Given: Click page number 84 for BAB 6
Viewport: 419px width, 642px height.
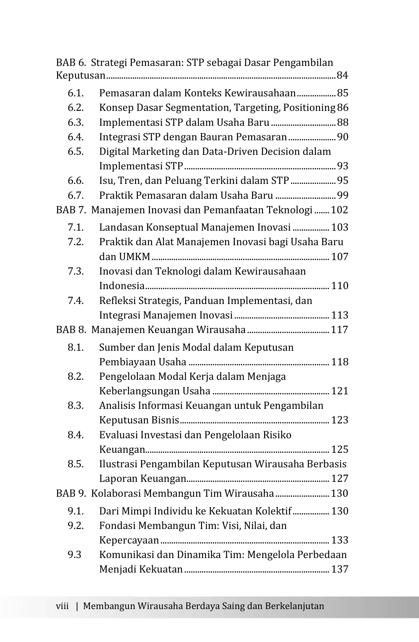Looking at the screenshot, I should pos(342,75).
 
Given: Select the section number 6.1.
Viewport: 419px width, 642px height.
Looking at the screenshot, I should pos(76,93).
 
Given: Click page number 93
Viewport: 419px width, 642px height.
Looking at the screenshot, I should pos(342,166).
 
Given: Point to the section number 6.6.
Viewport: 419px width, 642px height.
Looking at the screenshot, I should pos(76,181).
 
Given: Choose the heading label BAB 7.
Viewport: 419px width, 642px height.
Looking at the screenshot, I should pos(71,210).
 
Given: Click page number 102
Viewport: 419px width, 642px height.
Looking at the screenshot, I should pos(340,210).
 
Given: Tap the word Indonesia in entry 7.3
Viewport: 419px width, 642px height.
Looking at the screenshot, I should pos(122,286).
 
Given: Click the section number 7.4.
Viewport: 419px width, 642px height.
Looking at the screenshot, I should pos(76,301).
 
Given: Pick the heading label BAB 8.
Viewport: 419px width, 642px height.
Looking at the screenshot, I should pos(71,330).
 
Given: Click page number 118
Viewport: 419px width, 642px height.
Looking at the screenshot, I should pos(340,362).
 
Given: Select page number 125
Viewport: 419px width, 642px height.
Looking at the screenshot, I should pos(340,450).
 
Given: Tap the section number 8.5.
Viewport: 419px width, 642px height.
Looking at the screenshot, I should pos(76,464).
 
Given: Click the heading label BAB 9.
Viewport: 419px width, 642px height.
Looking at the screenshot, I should pos(71,494).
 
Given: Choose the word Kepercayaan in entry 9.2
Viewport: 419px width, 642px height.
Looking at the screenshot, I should pos(129,540).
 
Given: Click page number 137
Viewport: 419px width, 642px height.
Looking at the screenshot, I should pos(340,569).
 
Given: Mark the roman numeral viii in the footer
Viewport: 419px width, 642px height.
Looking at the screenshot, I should pos(62,606).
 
